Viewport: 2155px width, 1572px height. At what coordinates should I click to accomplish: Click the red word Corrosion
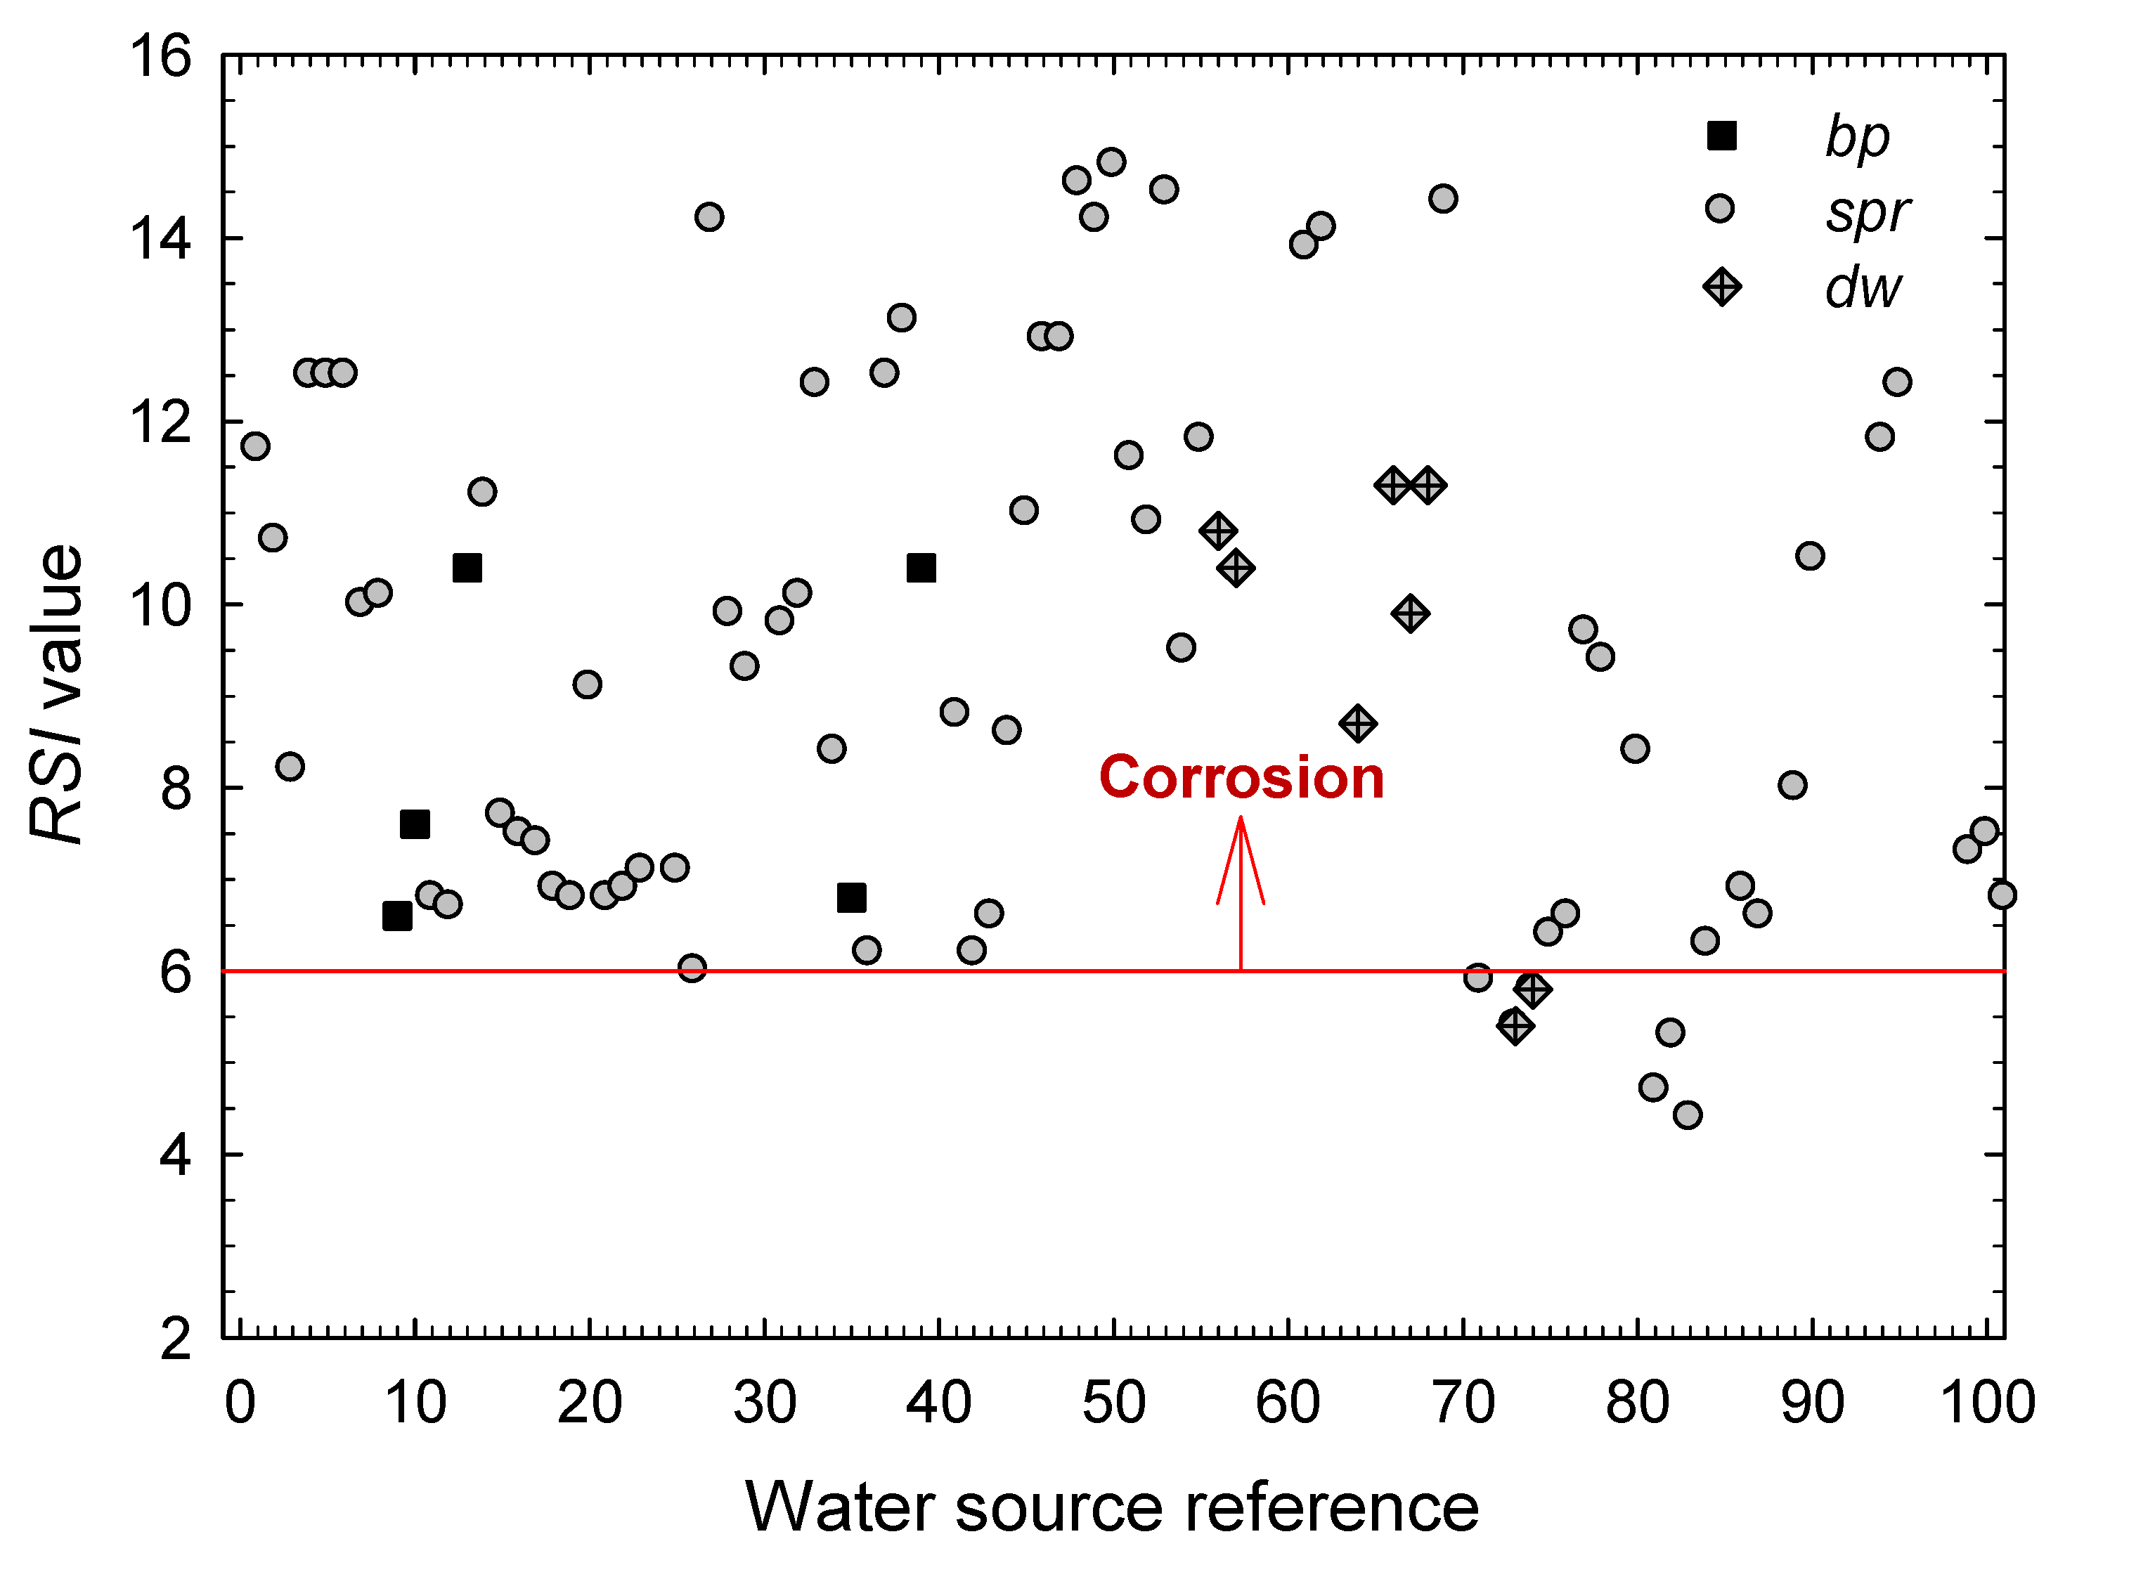pyautogui.click(x=1241, y=777)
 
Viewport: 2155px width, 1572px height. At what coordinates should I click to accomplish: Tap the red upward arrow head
pyautogui.click(x=1241, y=838)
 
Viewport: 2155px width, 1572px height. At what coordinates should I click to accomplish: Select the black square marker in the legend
pyautogui.click(x=1721, y=136)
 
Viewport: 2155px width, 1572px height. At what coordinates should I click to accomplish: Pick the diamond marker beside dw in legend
pyautogui.click(x=1721, y=287)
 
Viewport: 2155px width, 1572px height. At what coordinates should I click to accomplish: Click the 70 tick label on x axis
pyautogui.click(x=1463, y=1403)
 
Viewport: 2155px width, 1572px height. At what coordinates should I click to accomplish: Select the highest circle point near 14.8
pyautogui.click(x=1111, y=162)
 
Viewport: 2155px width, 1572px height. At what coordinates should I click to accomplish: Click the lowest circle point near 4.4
pyautogui.click(x=1688, y=1115)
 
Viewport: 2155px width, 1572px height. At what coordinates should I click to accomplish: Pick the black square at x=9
pyautogui.click(x=397, y=916)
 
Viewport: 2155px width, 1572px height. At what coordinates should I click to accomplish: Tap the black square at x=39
pyautogui.click(x=921, y=568)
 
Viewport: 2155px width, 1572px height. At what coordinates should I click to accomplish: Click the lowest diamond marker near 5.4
pyautogui.click(x=1515, y=1026)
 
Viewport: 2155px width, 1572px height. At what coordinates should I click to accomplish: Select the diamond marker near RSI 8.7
pyautogui.click(x=1357, y=724)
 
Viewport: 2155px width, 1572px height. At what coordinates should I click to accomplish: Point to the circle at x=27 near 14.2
pyautogui.click(x=709, y=217)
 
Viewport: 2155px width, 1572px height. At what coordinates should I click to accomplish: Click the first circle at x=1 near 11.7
pyautogui.click(x=255, y=446)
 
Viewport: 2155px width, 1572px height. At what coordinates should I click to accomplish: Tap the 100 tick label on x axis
pyautogui.click(x=1986, y=1403)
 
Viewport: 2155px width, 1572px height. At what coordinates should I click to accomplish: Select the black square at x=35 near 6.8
pyautogui.click(x=851, y=897)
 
